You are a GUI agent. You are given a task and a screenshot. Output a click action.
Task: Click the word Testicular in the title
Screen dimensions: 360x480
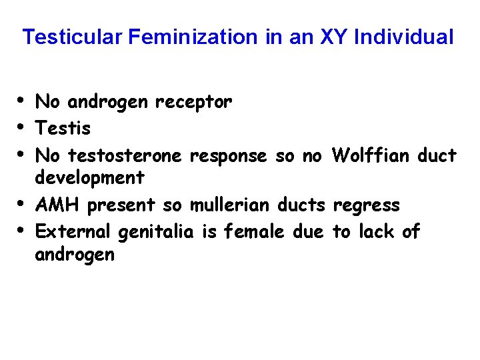pos(73,37)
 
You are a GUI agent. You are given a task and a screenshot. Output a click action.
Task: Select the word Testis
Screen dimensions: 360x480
pos(63,127)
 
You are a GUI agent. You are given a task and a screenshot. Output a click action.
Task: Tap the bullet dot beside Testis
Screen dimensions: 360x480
pos(24,125)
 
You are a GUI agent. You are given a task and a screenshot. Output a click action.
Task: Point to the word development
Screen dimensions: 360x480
pos(89,178)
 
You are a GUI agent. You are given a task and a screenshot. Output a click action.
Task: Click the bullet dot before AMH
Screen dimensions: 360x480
pos(24,203)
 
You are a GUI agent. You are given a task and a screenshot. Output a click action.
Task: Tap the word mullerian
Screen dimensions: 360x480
pos(233,205)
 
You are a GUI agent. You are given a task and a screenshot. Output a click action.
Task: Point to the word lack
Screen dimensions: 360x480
pos(377,231)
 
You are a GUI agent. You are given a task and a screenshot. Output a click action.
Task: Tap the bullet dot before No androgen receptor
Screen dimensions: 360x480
pos(24,100)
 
